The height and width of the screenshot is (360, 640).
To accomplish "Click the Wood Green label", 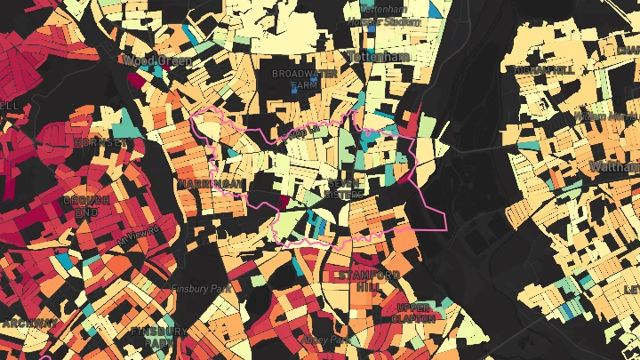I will coord(146,60).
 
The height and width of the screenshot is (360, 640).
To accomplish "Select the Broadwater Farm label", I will coord(294,78).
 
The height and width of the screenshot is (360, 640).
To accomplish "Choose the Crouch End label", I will coord(87,207).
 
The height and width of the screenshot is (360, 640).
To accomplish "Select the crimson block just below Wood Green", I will coord(135,78).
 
